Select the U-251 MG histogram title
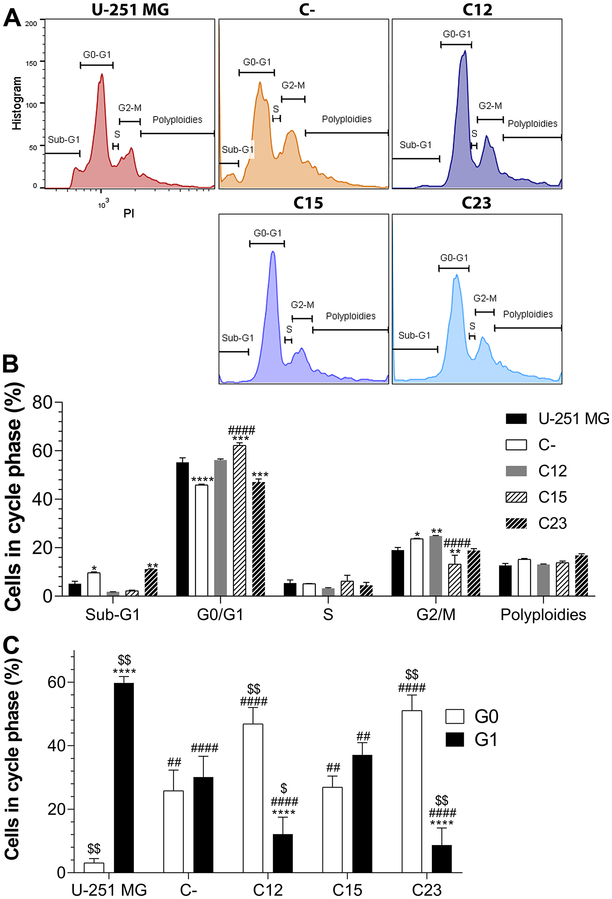130,9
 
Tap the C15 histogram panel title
308,203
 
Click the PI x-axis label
129,213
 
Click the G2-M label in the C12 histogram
490,106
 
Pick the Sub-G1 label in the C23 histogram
414,335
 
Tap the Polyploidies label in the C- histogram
346,119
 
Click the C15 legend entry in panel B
552,497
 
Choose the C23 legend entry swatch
516,523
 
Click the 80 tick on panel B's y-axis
43,403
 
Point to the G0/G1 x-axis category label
220,615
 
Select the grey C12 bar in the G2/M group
435,566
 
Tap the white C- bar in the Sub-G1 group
94,584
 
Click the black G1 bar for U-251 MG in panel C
124,777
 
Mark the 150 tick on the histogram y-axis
31,63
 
